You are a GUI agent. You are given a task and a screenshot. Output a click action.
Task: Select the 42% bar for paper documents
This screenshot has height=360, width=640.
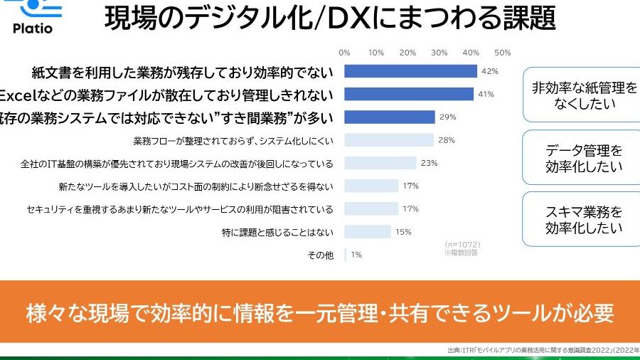pos(410,71)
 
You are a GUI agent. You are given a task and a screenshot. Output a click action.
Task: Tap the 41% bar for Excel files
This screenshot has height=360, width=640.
pos(409,94)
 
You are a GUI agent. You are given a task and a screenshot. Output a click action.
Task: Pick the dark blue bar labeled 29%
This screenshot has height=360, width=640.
pos(390,117)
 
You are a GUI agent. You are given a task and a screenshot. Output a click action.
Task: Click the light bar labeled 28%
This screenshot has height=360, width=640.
pos(389,140)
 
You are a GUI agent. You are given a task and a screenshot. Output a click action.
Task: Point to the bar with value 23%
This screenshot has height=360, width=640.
pos(380,163)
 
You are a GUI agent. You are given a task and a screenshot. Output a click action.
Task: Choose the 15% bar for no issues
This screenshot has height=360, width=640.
pos(368,231)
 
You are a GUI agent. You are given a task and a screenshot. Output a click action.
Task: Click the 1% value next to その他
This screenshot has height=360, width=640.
pos(356,255)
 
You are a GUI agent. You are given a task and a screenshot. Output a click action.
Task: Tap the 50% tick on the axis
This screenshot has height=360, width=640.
pos(502,53)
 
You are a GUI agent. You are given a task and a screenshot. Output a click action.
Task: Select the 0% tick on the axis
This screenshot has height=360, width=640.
pos(345,53)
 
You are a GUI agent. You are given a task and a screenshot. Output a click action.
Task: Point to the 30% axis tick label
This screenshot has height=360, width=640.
pos(439,53)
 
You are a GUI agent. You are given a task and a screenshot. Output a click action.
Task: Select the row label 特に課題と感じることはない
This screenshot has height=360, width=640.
pos(278,232)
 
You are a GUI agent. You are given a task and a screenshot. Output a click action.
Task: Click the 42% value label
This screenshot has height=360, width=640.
pos(489,71)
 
